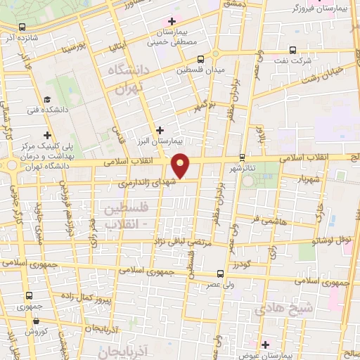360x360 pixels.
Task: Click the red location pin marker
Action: (181, 165)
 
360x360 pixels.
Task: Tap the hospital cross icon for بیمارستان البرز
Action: (160, 130)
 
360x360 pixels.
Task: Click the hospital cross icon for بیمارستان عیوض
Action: (264, 345)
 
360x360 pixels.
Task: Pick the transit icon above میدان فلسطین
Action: (201, 59)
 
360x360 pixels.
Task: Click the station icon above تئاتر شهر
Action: (243, 157)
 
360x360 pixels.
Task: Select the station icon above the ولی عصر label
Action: (221, 274)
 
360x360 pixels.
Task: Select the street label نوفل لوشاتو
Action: (333, 239)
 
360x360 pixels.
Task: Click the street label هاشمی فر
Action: (269, 220)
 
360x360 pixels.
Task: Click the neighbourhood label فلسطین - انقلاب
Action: (127, 217)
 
